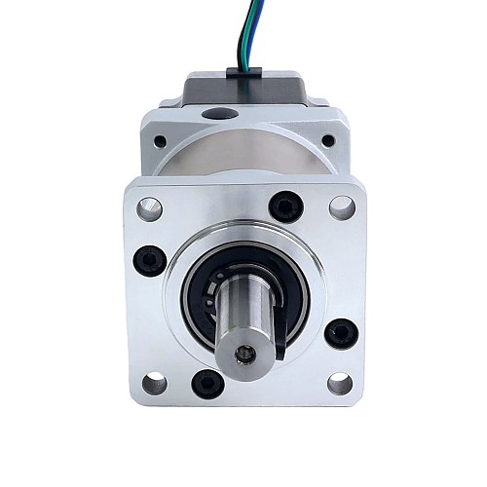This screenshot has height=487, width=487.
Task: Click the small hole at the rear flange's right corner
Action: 328,141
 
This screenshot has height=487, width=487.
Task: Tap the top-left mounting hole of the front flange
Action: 149,207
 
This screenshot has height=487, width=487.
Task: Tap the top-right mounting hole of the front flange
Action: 341,206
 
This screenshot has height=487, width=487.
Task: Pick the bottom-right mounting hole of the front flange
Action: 339,383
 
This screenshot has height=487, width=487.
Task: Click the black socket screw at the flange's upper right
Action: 284,206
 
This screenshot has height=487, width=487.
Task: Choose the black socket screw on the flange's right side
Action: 340,333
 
